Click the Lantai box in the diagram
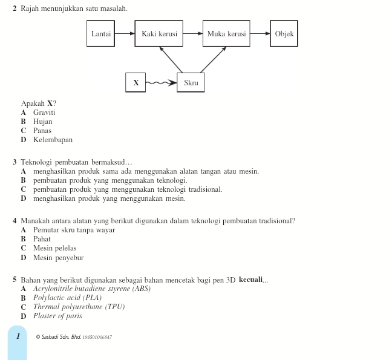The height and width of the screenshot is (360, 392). [101, 34]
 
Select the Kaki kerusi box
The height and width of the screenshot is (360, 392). [159, 34]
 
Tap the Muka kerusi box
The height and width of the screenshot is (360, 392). [226, 34]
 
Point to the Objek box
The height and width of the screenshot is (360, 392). [284, 34]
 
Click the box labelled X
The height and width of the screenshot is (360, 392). [136, 83]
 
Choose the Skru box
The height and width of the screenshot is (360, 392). [191, 83]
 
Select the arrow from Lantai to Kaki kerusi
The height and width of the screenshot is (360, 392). [125, 34]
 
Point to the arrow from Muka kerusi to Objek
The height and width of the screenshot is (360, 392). [260, 34]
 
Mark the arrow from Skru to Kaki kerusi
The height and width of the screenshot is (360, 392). [173, 61]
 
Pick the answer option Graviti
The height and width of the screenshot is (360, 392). [44, 113]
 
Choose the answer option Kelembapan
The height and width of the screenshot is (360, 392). [53, 140]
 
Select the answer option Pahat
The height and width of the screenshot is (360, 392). [42, 239]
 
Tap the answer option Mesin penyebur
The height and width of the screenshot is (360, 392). [58, 258]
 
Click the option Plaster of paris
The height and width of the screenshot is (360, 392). [57, 316]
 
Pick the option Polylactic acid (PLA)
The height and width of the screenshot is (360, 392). [67, 298]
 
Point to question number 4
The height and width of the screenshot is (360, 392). [15, 221]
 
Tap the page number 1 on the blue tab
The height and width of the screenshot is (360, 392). [18, 336]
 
